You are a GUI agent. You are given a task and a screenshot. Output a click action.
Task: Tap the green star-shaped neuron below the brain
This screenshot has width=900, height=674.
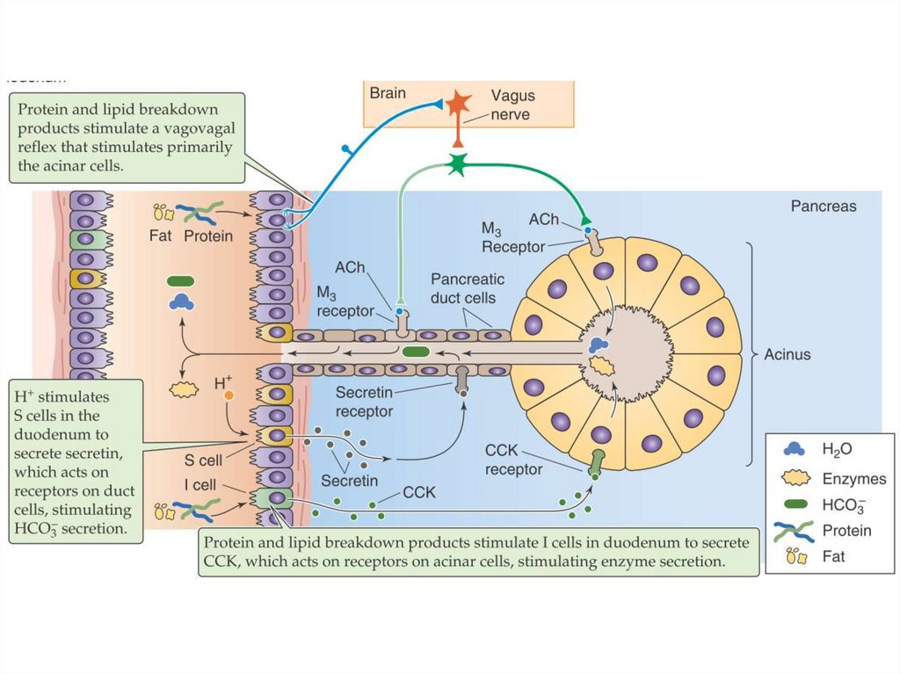(457, 164)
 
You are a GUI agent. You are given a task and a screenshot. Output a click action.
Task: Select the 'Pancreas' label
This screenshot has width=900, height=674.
(824, 207)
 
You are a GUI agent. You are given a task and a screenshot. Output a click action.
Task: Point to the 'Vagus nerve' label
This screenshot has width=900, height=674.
(512, 105)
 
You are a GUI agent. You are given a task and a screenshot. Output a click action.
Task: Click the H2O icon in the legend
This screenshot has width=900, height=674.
(794, 449)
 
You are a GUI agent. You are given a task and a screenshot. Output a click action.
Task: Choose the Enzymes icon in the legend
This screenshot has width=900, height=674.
(794, 479)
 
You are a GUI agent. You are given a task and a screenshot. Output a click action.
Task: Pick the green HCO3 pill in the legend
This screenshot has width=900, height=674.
(794, 505)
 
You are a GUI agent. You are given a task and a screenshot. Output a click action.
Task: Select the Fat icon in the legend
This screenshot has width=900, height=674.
(794, 555)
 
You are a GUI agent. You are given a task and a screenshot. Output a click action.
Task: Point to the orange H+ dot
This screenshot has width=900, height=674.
(229, 396)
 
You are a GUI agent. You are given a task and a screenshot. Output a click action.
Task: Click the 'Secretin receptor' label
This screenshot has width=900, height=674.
(364, 401)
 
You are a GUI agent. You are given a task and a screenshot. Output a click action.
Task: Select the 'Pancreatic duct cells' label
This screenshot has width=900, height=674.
(468, 288)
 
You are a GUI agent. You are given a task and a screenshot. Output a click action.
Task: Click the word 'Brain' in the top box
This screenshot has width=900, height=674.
(388, 92)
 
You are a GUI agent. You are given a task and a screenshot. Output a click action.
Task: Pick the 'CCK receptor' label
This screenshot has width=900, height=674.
(514, 460)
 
